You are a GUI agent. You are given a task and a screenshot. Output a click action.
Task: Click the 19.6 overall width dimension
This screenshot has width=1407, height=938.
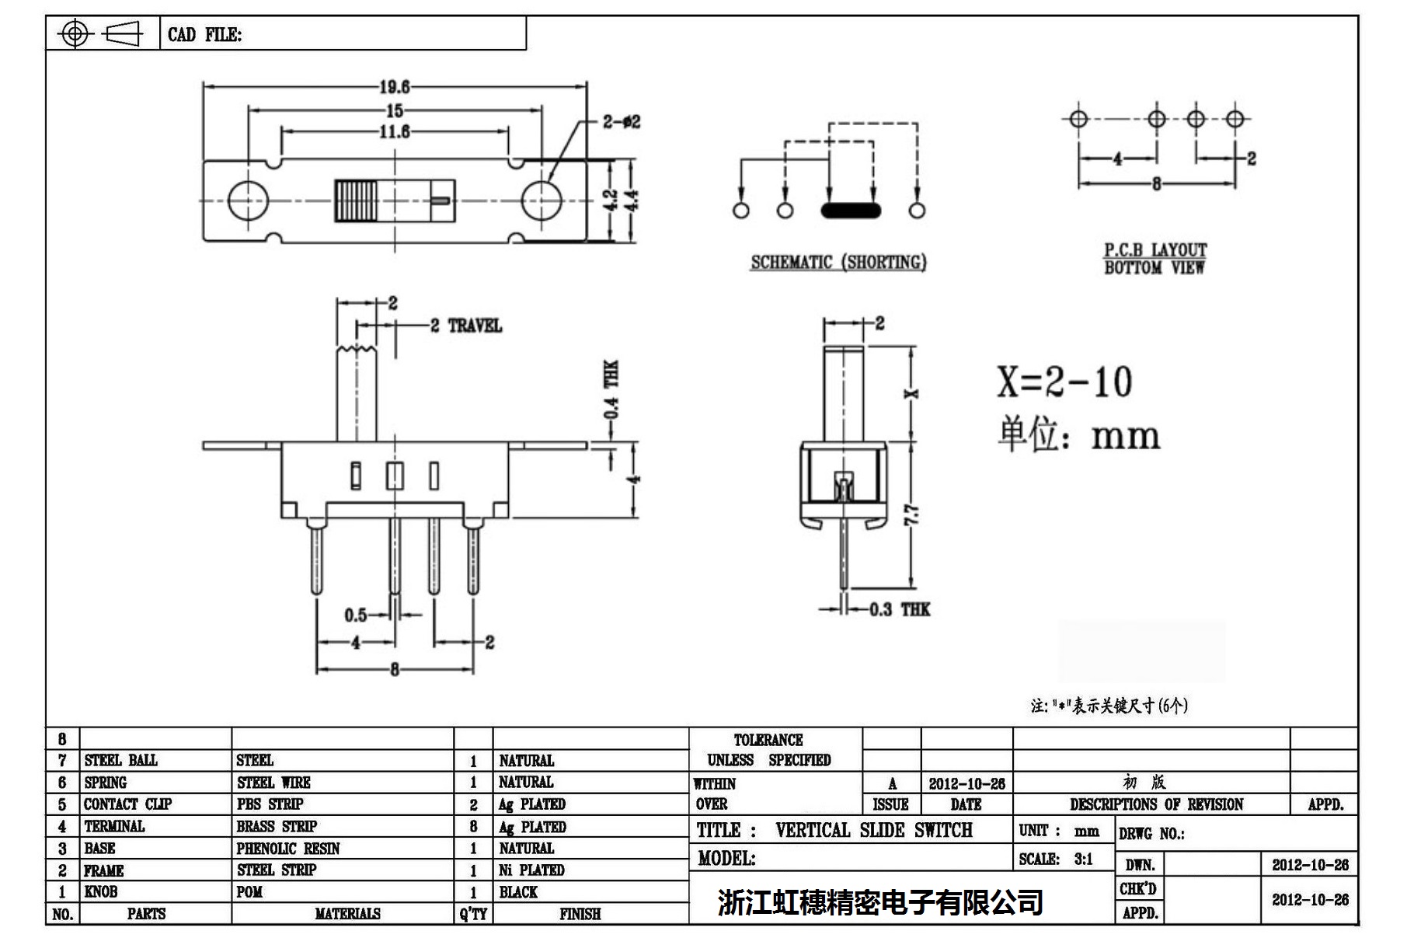coord(394,87)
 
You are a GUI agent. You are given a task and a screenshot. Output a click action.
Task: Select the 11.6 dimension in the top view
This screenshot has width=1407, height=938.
coord(394,132)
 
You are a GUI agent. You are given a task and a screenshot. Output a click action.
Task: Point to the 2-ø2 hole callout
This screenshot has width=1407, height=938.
coord(621,122)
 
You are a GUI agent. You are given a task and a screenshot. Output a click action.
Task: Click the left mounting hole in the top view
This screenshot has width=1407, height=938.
coord(249,201)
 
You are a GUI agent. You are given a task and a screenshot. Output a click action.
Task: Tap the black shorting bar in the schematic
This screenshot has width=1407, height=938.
coord(851,210)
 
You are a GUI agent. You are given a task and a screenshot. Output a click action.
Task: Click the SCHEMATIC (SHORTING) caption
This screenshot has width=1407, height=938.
coord(838,263)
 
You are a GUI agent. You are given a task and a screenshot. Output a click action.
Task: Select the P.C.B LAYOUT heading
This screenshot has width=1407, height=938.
coord(1155,250)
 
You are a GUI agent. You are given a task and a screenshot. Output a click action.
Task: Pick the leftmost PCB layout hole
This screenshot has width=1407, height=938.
coord(1078,119)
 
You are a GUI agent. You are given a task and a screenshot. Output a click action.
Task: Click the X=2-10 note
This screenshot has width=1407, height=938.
coord(1065,382)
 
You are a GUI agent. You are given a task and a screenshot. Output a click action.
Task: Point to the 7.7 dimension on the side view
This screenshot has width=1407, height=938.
coord(912,514)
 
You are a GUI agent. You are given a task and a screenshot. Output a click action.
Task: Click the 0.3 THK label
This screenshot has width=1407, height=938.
coord(898,609)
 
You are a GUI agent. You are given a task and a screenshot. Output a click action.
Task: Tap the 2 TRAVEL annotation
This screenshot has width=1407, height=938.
coord(466,326)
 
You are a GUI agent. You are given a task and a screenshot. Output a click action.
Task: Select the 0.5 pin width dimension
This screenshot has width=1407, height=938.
coord(356,615)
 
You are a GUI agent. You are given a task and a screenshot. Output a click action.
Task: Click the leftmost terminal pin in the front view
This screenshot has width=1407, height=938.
coord(316,560)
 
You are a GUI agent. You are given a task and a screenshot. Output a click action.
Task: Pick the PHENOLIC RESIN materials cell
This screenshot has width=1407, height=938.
coord(288,849)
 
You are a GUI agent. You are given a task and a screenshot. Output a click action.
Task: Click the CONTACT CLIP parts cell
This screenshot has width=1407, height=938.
coord(127,804)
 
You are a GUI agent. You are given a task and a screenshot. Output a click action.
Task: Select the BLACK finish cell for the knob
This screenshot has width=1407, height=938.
coord(518,892)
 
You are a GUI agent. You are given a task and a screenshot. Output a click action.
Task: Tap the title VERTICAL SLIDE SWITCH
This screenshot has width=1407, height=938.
coord(873,831)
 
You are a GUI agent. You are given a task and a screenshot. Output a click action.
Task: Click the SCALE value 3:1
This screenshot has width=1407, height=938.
coord(1083,860)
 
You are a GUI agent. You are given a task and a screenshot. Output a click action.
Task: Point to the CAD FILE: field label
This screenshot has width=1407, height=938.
coord(204,35)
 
